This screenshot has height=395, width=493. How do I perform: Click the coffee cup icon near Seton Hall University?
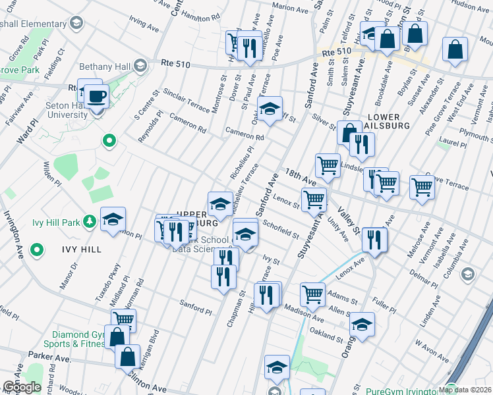[98, 96]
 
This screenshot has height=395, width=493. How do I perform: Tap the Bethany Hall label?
[107, 66]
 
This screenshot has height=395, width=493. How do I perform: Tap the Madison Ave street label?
[303, 309]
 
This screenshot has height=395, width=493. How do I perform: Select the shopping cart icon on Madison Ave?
[313, 293]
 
